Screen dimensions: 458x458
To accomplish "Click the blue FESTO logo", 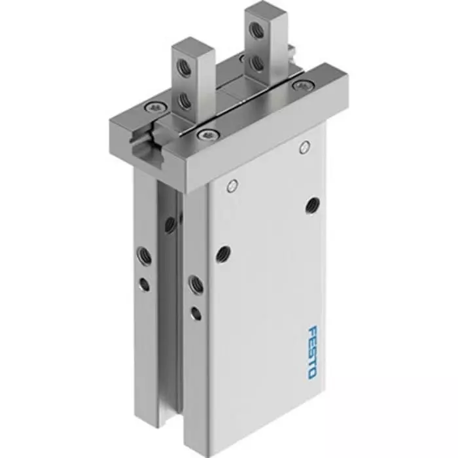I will tap(311, 351).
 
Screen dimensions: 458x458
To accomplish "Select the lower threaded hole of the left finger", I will tap(185, 100).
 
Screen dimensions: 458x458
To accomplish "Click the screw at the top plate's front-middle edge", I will tap(205, 135).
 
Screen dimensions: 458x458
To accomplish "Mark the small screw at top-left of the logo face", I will tap(231, 186).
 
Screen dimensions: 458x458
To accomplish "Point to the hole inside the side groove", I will tap(170, 225).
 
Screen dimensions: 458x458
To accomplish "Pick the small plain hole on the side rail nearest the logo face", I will tap(196, 313).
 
